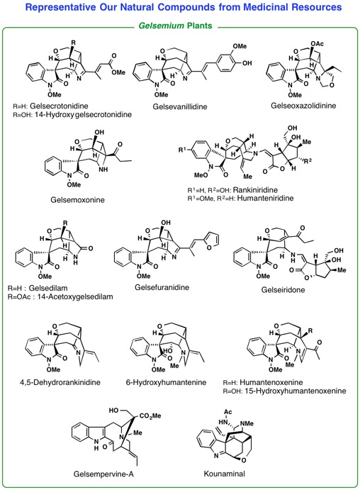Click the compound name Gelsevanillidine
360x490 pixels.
coord(180,106)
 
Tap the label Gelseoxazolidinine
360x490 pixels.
coord(303,106)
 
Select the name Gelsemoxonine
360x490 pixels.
coord(77,200)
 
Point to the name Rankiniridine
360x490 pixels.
coord(255,189)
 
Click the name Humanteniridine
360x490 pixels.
coord(266,198)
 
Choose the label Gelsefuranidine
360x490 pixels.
coord(162,287)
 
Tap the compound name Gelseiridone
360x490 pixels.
coord(283,290)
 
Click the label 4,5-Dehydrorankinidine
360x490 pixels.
coord(60,382)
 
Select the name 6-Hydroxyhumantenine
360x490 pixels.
coord(166,382)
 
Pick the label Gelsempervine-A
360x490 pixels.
coord(103,474)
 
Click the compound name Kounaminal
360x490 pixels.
coord(224,474)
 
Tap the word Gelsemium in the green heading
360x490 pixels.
coord(162,26)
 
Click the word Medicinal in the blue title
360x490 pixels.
coord(266,7)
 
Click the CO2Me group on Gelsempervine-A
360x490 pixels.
coord(150,416)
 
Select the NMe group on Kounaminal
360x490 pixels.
coord(247,423)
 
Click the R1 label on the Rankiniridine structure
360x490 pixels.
coord(183,150)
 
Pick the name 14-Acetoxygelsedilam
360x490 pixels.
coord(75,296)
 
